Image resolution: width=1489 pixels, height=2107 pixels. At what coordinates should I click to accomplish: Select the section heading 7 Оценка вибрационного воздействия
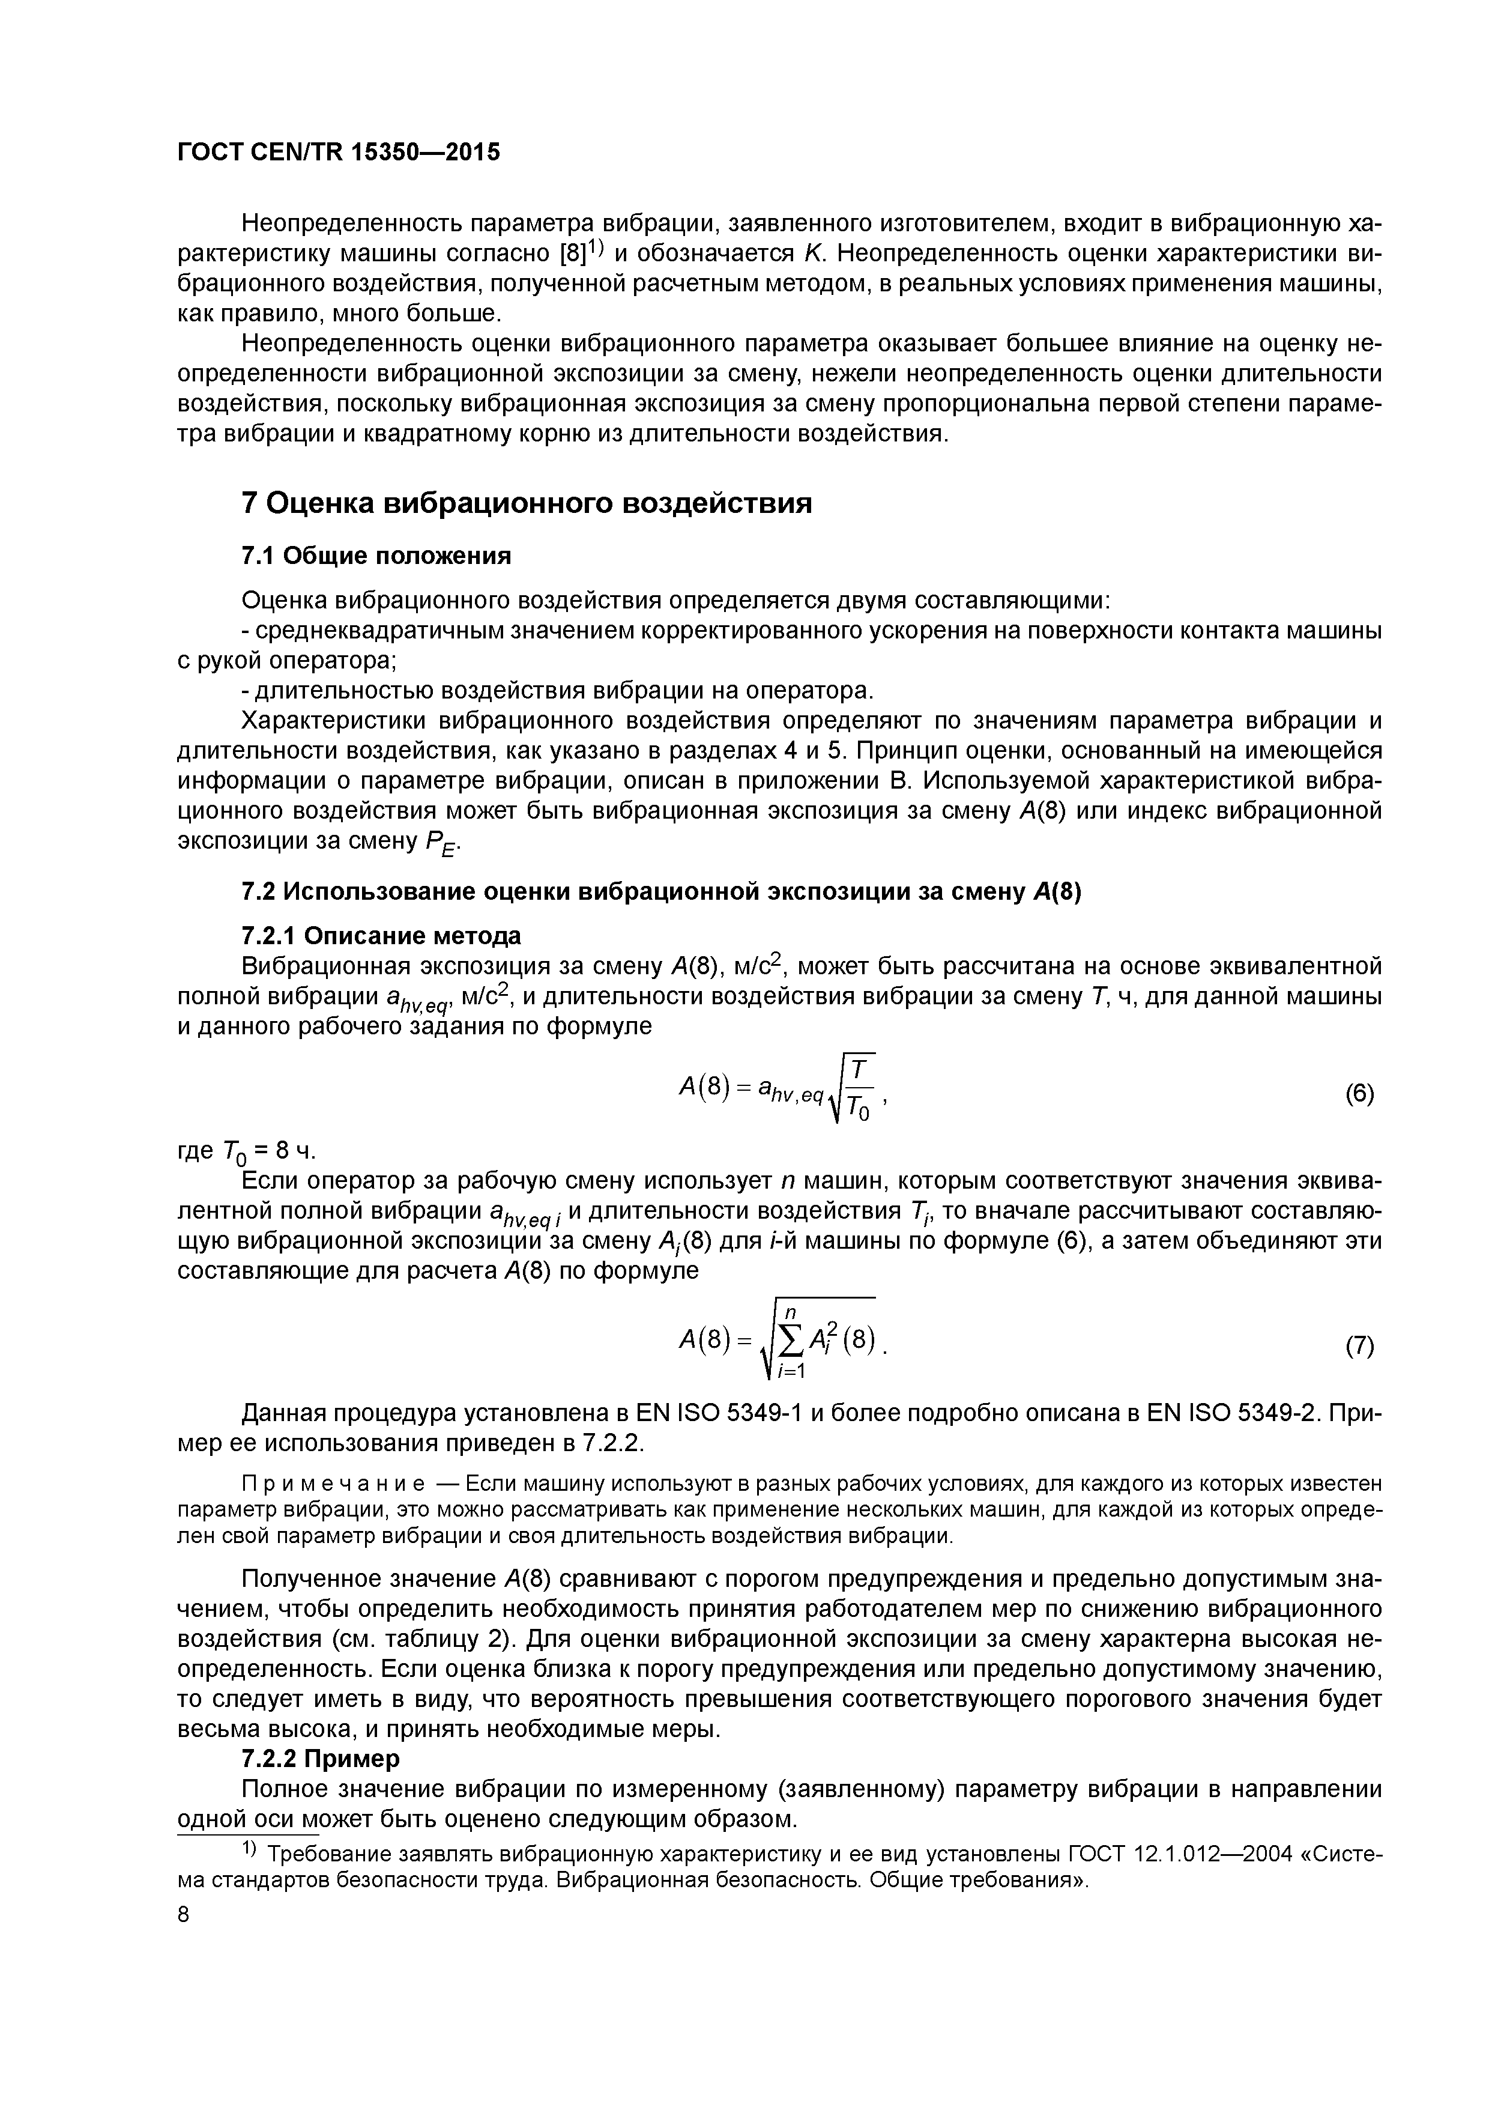point(526,504)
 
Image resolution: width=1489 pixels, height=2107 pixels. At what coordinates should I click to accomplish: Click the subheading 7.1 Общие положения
point(375,556)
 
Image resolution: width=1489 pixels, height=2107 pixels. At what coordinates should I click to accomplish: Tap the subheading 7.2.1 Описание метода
point(381,936)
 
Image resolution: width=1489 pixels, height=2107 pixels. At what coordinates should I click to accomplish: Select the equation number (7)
point(1359,1346)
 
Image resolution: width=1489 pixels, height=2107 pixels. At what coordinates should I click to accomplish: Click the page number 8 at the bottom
point(184,1914)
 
